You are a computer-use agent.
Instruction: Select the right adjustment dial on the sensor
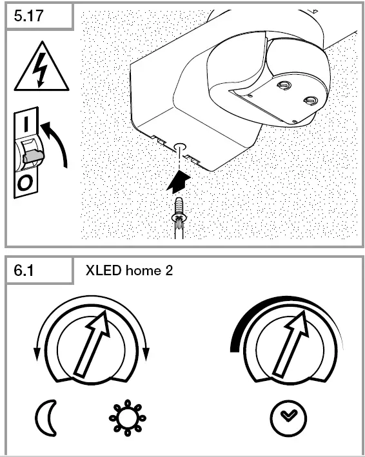click(310, 100)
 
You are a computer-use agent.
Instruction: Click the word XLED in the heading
click(102, 270)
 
